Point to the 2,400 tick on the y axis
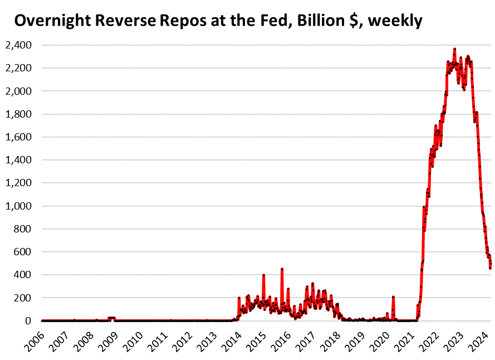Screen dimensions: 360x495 (x=18, y=45)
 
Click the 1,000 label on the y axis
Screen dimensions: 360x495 (x=18, y=206)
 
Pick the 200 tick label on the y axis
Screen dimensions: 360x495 (x=24, y=298)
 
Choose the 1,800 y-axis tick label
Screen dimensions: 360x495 (x=18, y=114)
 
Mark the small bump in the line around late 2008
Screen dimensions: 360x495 (x=111, y=318)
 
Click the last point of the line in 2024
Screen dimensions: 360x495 (x=491, y=268)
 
